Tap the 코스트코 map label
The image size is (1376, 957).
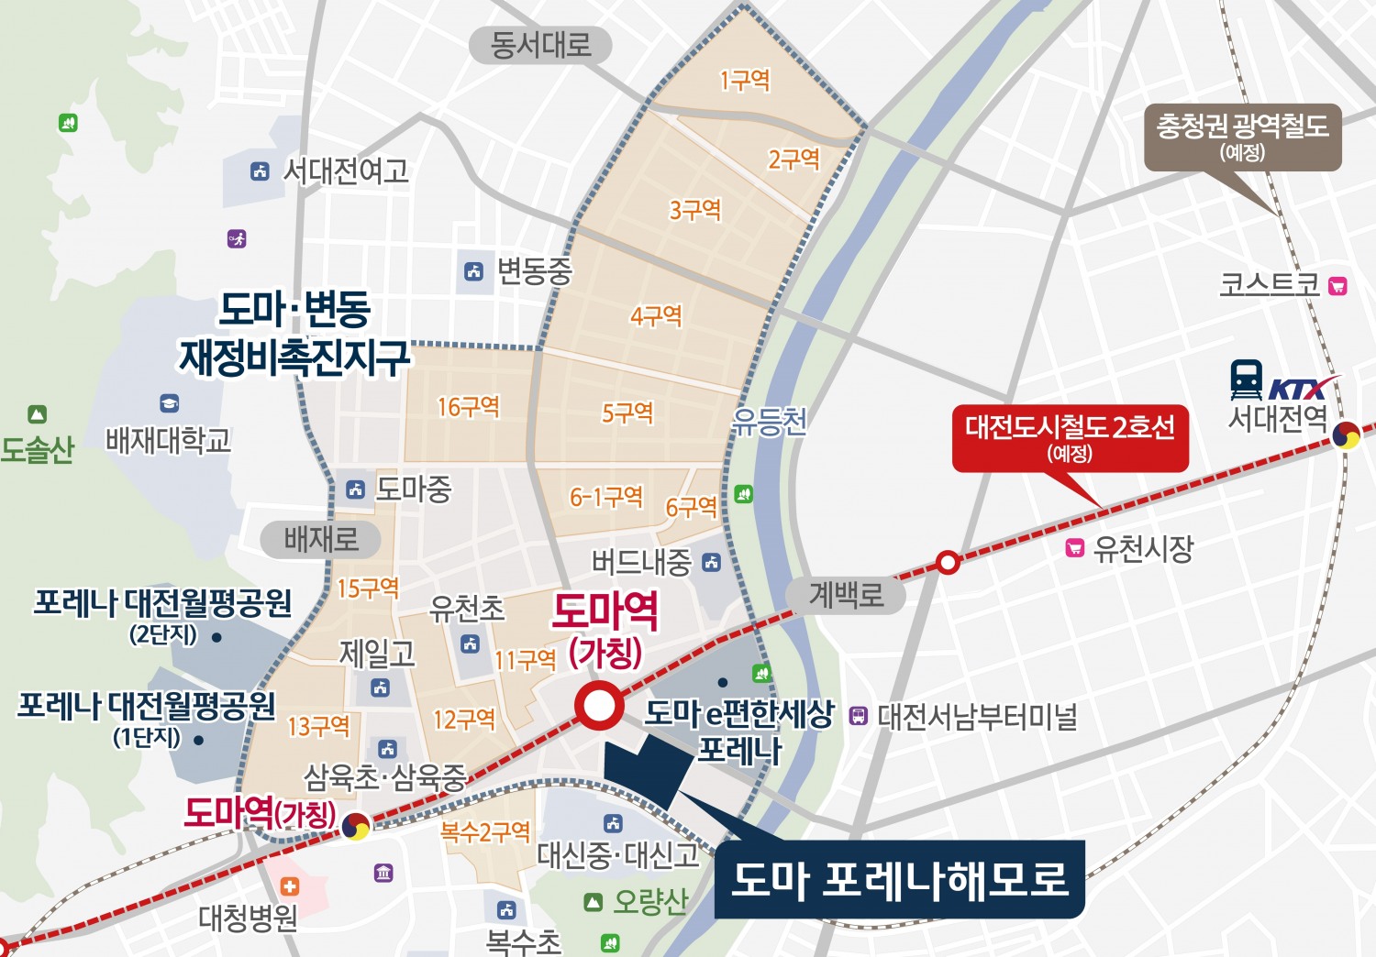tap(1269, 285)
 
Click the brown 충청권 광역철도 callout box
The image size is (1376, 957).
tap(1242, 137)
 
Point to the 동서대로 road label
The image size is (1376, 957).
tap(540, 45)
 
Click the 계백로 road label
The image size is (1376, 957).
tap(846, 596)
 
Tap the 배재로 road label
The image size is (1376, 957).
tap(320, 539)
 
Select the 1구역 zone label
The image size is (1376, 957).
tap(745, 81)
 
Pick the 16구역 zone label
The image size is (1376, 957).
tap(468, 406)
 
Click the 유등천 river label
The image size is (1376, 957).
tap(769, 421)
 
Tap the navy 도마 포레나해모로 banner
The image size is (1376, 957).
tap(899, 879)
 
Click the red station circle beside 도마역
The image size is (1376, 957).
tap(599, 707)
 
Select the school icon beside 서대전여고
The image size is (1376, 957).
tap(261, 170)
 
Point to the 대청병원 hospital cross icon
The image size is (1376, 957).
tap(290, 886)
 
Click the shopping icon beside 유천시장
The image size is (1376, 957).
tap(1074, 548)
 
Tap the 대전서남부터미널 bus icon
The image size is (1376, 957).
tap(858, 715)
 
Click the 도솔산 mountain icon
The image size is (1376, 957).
tap(37, 414)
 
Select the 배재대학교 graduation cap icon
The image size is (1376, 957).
tap(169, 403)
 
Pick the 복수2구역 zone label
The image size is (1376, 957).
tap(485, 832)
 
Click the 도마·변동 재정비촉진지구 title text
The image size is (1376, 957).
tap(294, 334)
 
